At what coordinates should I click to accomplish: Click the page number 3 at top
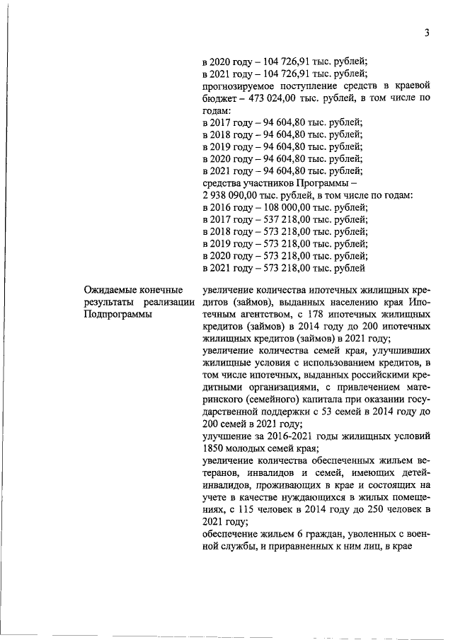pos(428,33)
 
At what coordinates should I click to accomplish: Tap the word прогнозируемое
pos(240,86)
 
